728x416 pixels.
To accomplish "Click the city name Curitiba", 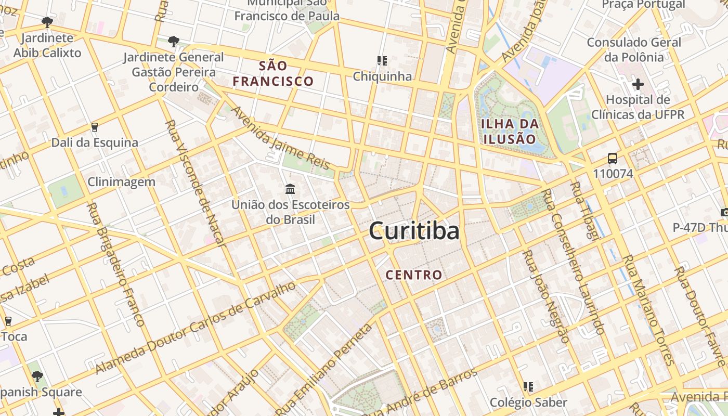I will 414,231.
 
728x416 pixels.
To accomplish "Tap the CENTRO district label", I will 414,275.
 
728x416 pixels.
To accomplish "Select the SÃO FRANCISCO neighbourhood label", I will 273,74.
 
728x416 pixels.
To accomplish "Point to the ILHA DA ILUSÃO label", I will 509,132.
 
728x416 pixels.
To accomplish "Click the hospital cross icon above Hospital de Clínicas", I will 638,84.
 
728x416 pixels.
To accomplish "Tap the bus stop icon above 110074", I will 613,158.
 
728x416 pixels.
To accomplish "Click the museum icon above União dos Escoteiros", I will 290,188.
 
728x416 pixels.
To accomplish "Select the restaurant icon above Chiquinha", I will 382,61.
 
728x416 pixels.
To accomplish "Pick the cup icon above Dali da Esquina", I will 94,127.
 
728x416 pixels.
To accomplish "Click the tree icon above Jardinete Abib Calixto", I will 47,22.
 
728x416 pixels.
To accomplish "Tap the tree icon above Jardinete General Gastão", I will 174,41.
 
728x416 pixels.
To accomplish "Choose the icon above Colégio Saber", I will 528,387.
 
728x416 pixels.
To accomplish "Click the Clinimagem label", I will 121,182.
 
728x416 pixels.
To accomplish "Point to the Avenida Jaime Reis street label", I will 280,138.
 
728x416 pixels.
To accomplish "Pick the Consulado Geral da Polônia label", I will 634,49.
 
